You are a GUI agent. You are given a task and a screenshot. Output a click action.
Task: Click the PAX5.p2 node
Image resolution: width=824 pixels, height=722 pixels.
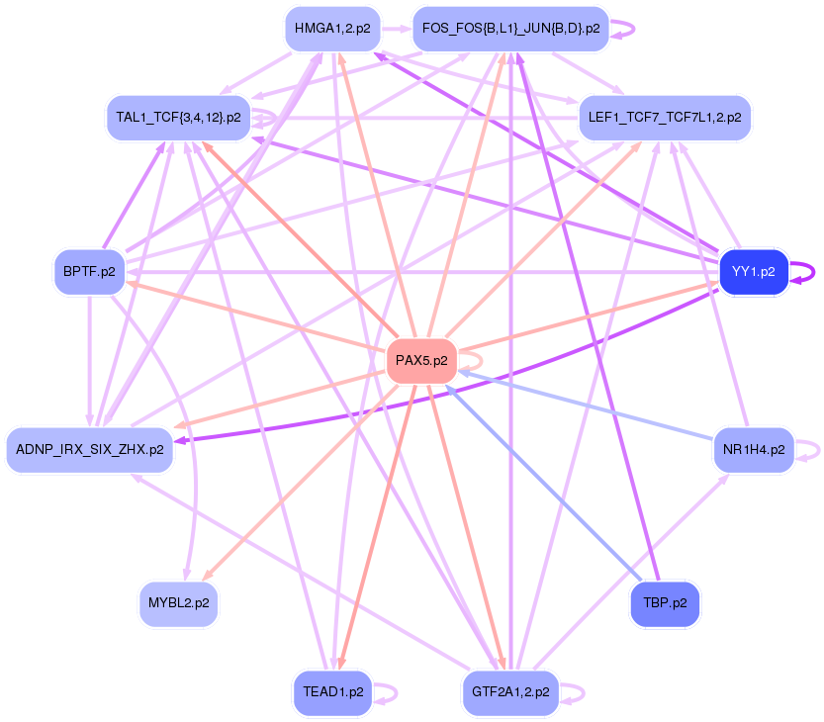tap(421, 361)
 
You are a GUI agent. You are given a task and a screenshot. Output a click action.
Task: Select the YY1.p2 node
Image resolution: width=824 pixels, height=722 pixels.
tap(754, 270)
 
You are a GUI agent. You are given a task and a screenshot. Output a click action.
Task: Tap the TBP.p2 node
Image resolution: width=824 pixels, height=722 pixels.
tap(665, 602)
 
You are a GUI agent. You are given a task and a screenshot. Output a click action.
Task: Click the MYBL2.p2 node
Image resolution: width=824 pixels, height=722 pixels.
tap(178, 602)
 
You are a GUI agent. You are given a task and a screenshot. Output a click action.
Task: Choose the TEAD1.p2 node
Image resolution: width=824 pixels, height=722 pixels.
tap(329, 692)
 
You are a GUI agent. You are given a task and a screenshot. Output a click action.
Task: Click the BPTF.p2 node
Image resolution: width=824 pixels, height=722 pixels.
tap(89, 270)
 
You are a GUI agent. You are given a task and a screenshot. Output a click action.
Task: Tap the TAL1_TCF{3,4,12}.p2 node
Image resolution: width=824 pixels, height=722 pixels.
tap(178, 118)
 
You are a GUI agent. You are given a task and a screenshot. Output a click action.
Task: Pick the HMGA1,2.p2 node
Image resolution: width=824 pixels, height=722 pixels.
tap(331, 29)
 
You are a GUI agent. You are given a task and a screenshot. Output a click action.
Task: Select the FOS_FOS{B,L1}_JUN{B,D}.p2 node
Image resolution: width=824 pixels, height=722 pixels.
tap(510, 29)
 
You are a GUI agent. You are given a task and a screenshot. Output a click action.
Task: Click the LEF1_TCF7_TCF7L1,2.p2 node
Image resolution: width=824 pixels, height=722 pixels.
tap(665, 118)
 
